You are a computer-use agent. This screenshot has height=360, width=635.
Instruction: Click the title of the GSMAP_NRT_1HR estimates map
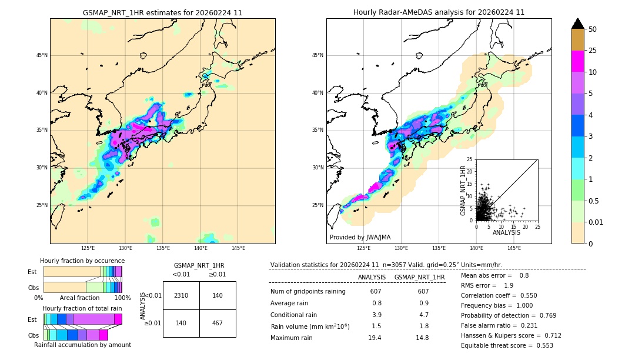coord(162,12)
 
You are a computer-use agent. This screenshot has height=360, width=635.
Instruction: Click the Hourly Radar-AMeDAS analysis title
coord(439,12)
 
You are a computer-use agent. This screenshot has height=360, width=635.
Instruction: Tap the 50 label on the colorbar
coord(593,29)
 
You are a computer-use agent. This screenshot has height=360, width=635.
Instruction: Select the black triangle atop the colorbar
coord(578,24)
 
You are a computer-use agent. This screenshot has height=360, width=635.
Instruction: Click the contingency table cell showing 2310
coord(181,295)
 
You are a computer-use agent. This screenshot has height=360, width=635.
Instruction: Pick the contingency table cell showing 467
coord(218,323)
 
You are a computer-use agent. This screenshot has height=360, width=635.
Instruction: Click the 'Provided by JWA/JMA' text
coord(360,238)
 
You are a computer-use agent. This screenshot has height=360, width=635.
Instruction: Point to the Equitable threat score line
coord(507,345)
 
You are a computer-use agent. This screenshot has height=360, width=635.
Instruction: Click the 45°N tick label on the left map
coord(42,55)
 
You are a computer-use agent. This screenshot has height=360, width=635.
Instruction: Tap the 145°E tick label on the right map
coord(514,248)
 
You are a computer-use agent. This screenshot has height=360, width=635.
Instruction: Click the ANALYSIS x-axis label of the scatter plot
coord(506,232)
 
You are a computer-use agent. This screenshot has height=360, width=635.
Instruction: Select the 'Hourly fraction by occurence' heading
coord(82,261)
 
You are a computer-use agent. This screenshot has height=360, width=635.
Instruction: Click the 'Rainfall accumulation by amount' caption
coord(82,345)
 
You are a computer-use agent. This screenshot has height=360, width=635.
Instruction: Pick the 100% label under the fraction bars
coord(122,298)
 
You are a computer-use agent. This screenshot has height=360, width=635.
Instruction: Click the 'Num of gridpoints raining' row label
coord(308,292)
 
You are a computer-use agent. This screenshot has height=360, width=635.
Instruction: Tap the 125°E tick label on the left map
coord(88,248)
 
